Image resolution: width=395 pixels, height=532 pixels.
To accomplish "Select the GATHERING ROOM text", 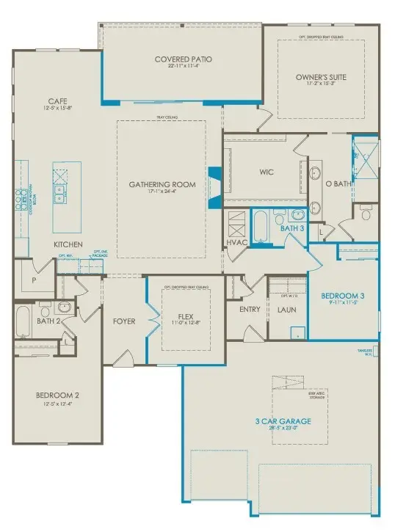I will click(x=162, y=184).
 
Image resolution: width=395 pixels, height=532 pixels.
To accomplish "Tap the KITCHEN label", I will click(x=67, y=244).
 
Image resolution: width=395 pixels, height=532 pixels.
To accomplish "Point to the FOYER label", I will click(x=124, y=321).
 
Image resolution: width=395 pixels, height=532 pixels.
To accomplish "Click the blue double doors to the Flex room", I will click(x=153, y=321).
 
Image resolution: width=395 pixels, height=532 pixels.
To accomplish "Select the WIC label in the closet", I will click(x=266, y=174).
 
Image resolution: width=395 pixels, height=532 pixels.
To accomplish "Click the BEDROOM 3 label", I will click(x=342, y=296).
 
